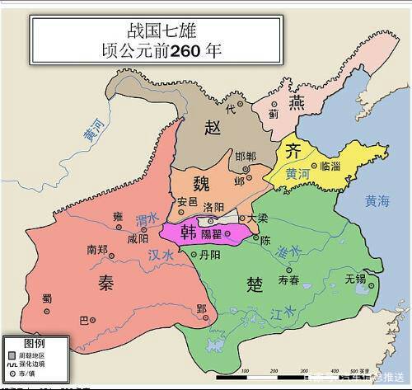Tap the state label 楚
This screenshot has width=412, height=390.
coord(255,284)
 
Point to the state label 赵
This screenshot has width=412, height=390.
coord(213,126)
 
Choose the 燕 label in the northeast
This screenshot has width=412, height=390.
coord(297,101)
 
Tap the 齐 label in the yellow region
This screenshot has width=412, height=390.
coord(293,150)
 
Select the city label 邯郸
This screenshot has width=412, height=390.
coord(246,156)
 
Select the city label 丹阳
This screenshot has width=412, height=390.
coord(210,256)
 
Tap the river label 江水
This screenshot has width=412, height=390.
coord(282,312)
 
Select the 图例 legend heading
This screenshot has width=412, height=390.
coord(34,341)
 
